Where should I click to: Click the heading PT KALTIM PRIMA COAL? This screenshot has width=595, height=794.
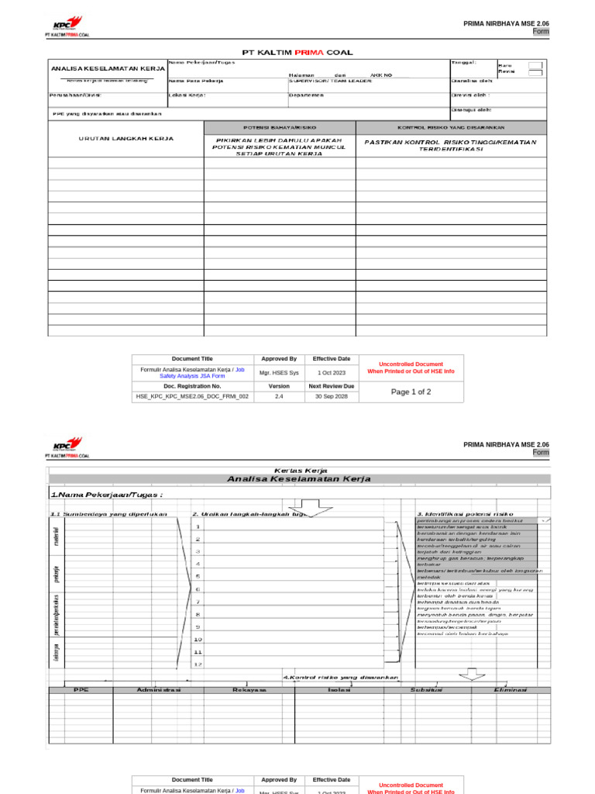coord(297,53)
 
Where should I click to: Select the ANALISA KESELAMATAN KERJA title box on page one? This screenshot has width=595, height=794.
coord(108,69)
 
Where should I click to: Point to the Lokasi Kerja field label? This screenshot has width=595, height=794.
coord(187,95)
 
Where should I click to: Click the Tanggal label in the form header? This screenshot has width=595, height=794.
coord(463,63)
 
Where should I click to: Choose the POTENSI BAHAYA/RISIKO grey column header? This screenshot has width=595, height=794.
coord(280,126)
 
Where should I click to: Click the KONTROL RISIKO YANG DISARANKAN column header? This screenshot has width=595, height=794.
coord(451,126)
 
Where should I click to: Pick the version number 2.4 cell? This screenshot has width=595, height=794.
coord(279,396)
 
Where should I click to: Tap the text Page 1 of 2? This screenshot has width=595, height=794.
coord(411,392)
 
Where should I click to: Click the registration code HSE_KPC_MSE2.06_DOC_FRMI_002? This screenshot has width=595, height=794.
coord(192,396)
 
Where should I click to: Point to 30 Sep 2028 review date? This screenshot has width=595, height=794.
coord(332,396)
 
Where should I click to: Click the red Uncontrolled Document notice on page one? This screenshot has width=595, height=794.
coord(411,368)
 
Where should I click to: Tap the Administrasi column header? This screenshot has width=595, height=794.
coord(159,689)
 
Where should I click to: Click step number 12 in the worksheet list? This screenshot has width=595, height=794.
coord(198,665)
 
